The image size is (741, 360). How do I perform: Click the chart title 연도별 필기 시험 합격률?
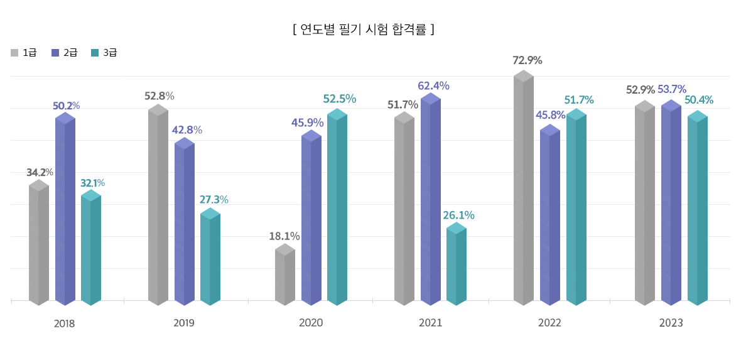point(364,29)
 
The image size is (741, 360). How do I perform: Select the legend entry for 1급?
point(24,53)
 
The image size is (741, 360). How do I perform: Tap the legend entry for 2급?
point(65,53)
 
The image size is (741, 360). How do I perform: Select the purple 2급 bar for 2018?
point(65,210)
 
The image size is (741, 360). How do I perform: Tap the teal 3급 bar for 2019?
point(210,258)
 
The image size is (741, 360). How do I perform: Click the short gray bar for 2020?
point(285,276)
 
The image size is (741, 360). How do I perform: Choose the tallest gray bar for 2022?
point(524,188)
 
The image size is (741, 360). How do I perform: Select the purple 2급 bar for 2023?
point(671,204)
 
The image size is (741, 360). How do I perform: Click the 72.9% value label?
point(527,61)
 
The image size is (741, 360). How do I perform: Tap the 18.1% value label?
point(284,237)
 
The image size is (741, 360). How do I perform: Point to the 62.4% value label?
point(433,86)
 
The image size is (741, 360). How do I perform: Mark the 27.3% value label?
point(214,200)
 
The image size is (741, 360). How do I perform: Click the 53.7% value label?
point(672,89)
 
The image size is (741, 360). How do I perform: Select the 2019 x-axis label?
point(184,323)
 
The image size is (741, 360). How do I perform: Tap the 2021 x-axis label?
point(430,323)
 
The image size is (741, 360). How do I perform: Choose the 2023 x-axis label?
point(671,323)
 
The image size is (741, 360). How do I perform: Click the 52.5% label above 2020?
point(340,99)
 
